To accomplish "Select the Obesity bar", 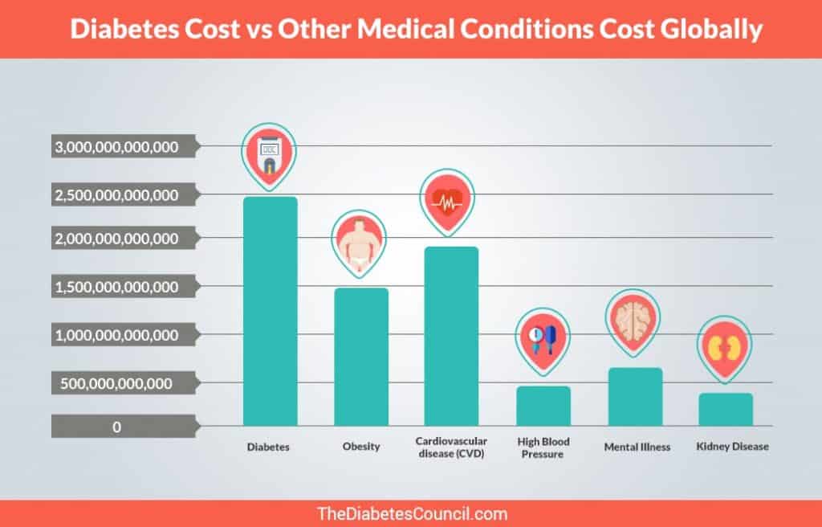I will point(361,357).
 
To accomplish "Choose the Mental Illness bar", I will point(635,397).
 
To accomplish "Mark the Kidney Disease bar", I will point(726,409).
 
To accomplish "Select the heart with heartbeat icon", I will point(448,201).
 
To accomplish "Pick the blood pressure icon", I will point(543,338).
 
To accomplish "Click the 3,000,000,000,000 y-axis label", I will point(116,147).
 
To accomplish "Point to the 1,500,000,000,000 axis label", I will point(116,287).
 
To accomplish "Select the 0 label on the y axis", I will point(117,427).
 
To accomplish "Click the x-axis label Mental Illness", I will point(637,447).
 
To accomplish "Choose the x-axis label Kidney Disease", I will point(732,447).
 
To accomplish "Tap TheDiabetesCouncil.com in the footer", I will point(412,513).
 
